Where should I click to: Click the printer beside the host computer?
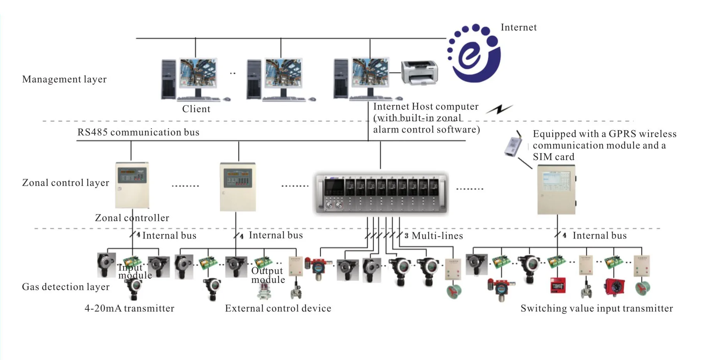[x=420, y=72]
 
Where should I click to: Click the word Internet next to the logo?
[x=519, y=27]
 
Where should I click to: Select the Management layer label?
[x=64, y=79]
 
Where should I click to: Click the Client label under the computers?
[x=196, y=109]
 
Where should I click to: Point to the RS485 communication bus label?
[x=138, y=132]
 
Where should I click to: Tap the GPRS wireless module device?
[x=514, y=144]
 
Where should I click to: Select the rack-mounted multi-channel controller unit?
[x=382, y=193]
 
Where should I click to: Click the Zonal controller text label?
[x=132, y=218]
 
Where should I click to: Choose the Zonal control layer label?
[x=65, y=183]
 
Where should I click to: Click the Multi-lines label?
[x=437, y=236]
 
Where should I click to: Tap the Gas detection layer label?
[x=65, y=287]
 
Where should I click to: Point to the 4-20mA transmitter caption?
[x=129, y=308]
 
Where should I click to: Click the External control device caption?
[x=278, y=308]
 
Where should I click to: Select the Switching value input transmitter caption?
[x=597, y=308]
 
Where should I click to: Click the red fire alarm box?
[x=558, y=285]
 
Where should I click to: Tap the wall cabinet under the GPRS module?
[x=556, y=189]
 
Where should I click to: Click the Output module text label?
[x=268, y=275]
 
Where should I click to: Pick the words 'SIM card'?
[x=553, y=157]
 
